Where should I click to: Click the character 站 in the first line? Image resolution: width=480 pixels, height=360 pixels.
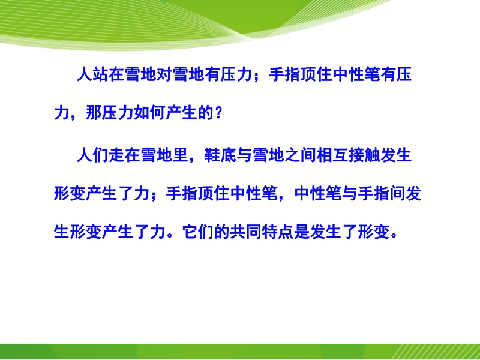pos(100,74)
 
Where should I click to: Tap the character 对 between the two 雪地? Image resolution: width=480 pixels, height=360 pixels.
pos(164,74)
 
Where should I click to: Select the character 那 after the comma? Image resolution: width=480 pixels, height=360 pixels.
pos(94,113)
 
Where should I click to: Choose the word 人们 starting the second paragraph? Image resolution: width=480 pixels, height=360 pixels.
pos(92,155)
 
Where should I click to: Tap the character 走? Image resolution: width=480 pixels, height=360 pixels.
pos(116,155)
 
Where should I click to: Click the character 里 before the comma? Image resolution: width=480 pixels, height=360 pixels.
pos(181,155)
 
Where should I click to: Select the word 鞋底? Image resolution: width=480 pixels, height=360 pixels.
pos(220,155)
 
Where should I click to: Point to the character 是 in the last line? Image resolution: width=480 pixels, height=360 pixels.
pos(302,232)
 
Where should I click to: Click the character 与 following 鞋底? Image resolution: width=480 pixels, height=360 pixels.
pos(244,155)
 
